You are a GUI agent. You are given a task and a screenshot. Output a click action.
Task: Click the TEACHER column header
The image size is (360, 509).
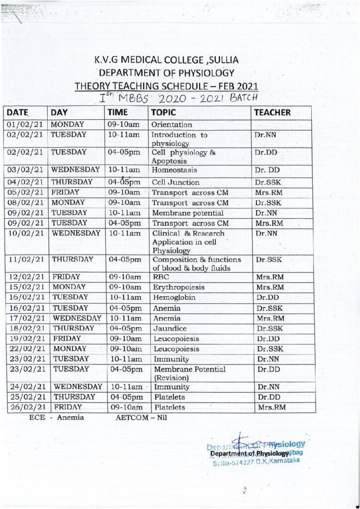[271, 112]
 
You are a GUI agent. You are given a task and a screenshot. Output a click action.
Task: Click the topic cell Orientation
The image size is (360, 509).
[171, 125]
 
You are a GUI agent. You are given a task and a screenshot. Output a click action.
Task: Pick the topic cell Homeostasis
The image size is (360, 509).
[174, 170]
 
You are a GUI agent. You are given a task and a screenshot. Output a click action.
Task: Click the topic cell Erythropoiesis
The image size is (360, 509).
[177, 287]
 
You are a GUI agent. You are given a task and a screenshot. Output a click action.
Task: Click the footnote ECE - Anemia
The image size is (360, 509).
[57, 418]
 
